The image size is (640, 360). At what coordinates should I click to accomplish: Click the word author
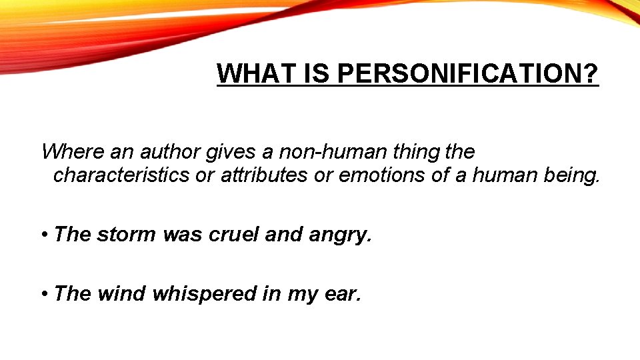(169, 152)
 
